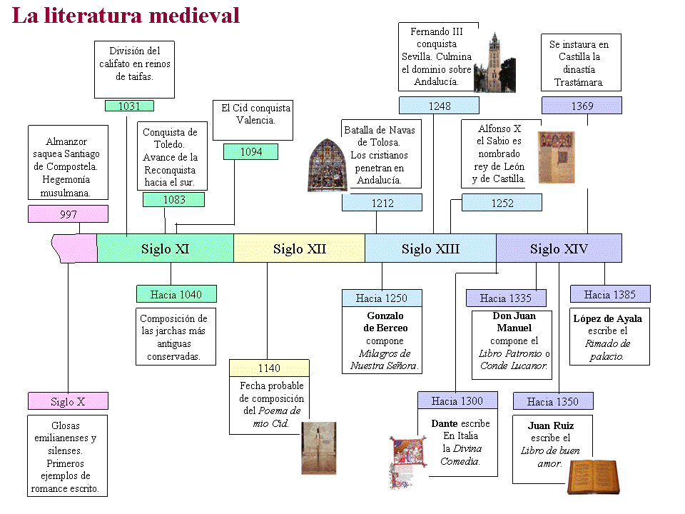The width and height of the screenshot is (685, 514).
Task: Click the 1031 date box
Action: (x=129, y=106)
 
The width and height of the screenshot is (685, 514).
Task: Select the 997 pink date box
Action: (x=68, y=214)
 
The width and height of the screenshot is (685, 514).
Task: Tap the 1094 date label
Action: (x=250, y=151)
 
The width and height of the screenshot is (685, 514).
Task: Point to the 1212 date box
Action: (x=382, y=203)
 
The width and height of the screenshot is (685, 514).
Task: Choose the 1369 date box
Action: (x=582, y=106)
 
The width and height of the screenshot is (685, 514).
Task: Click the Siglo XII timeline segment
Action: (x=299, y=248)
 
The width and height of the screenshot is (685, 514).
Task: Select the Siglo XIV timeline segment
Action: (x=559, y=248)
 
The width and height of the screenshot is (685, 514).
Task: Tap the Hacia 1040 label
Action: (x=176, y=294)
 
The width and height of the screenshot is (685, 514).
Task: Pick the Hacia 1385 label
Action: (x=610, y=294)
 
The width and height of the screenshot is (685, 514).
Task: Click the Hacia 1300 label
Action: (x=457, y=400)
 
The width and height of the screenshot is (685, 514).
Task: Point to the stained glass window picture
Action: (x=327, y=165)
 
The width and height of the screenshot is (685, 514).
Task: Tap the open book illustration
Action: (x=593, y=477)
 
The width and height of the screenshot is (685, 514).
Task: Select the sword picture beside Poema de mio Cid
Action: (x=319, y=448)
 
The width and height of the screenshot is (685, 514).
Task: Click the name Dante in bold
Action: (x=445, y=423)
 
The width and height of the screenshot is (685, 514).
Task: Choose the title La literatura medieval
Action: (x=126, y=16)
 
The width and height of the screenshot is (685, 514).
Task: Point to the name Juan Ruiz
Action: (x=550, y=425)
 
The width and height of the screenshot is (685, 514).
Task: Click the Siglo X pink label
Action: (x=68, y=401)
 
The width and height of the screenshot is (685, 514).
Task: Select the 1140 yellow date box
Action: (x=269, y=368)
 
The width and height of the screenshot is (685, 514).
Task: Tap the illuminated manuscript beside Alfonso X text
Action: (x=556, y=157)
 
